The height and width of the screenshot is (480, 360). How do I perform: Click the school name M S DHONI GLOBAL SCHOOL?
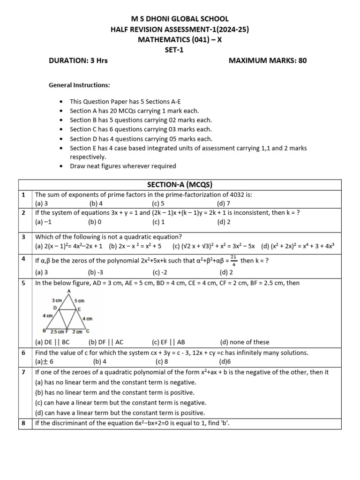180,19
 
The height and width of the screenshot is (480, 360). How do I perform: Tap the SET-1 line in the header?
180,50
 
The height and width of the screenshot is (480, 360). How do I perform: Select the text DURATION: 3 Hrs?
78,60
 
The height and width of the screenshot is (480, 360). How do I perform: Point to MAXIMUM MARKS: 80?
267,60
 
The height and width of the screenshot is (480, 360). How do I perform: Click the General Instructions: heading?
79,85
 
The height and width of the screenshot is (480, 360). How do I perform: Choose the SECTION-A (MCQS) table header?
180,184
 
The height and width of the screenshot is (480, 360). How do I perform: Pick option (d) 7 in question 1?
224,203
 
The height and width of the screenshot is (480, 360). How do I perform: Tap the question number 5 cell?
23,283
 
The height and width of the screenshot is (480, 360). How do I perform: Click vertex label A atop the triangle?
69,291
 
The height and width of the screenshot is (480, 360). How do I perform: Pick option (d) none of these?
245,342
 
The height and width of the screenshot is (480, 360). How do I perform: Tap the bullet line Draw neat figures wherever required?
123,166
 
